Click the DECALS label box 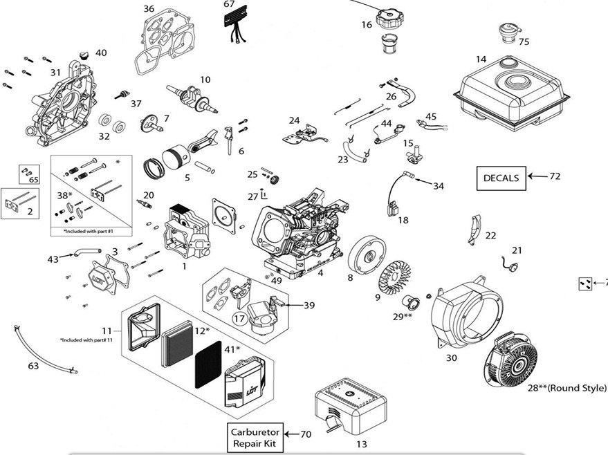[x=500, y=178]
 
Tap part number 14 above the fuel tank [x=481, y=59]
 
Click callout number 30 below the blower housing [x=451, y=357]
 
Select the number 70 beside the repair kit [x=306, y=434]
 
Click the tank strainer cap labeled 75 [x=508, y=30]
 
